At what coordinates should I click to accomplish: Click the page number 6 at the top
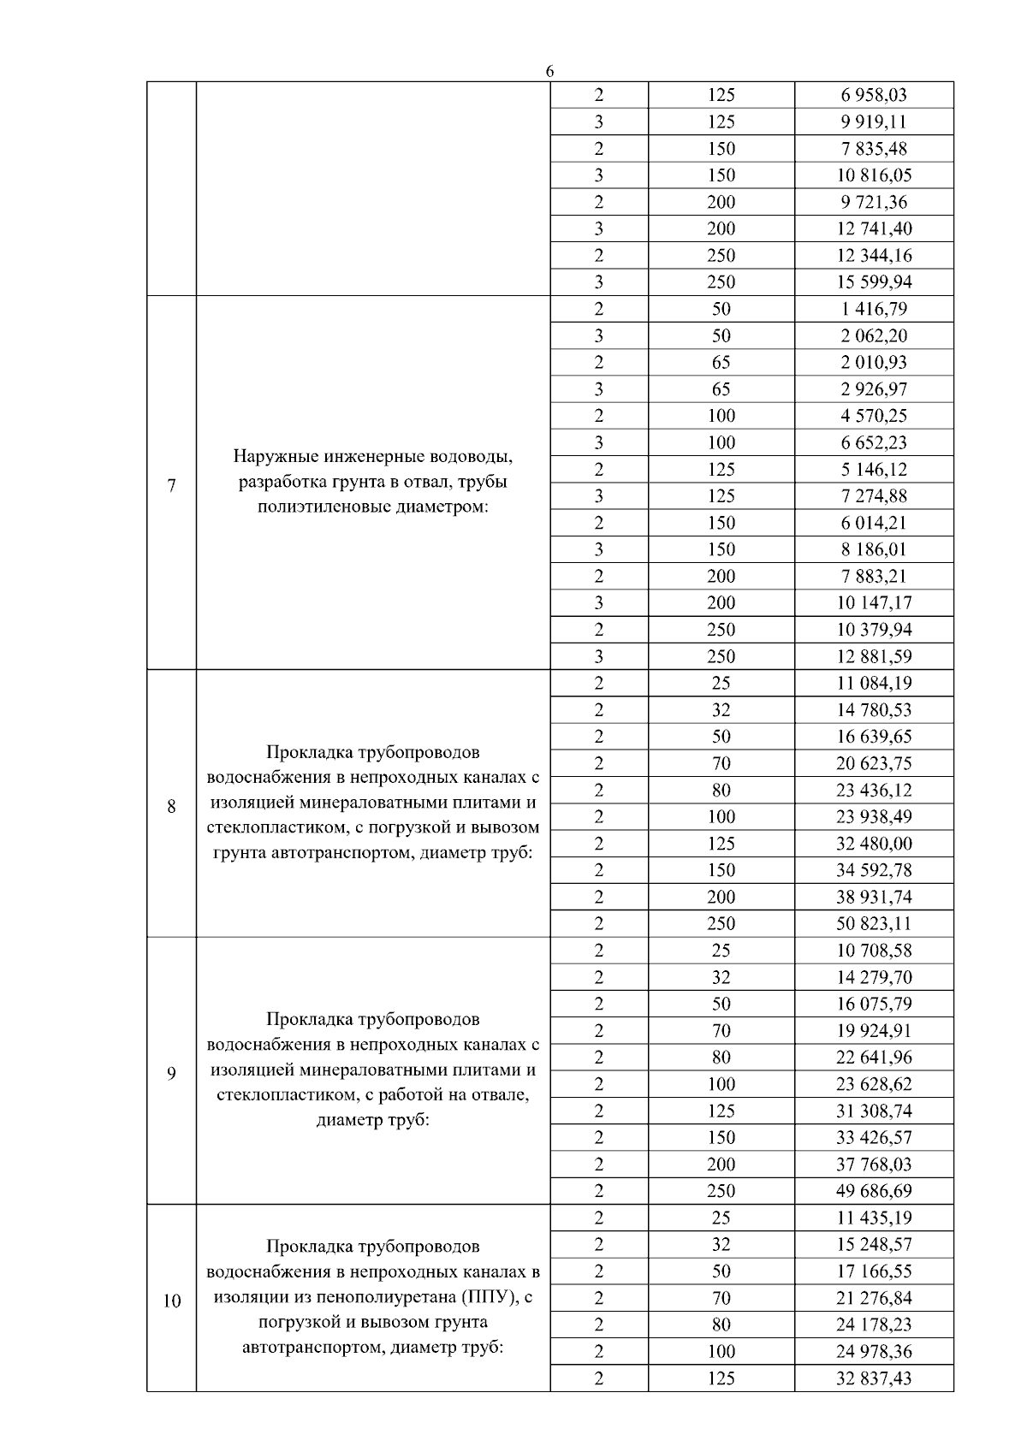tap(549, 71)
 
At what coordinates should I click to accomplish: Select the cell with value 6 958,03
tap(873, 95)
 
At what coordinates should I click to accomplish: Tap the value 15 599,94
tap(873, 282)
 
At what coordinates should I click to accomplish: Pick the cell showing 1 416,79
tap(873, 309)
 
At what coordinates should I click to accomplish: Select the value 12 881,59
tap(873, 657)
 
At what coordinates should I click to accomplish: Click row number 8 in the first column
tap(171, 806)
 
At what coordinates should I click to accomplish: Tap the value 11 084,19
tap(873, 684)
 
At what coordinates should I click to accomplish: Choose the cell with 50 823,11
tap(873, 924)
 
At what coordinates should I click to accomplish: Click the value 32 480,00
tap(873, 844)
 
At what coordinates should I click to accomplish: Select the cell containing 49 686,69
tap(873, 1191)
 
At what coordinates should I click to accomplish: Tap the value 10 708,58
tap(873, 951)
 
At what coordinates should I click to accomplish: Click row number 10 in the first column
tap(171, 1301)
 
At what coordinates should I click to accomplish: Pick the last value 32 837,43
tap(873, 1378)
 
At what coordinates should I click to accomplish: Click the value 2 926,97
tap(873, 389)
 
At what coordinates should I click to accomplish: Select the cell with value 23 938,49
tap(873, 817)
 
